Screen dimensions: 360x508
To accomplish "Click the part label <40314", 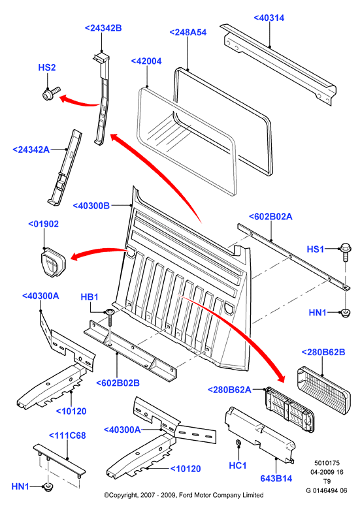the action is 269,18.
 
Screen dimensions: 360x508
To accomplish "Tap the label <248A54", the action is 188,33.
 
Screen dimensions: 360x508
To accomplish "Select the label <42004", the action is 146,61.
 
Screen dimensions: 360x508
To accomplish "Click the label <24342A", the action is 31,150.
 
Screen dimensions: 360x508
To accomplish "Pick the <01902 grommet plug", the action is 53,262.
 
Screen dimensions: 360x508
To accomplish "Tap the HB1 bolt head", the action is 109,312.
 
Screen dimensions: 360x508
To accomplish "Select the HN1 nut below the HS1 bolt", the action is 346,313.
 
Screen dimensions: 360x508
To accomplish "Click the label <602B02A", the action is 270,217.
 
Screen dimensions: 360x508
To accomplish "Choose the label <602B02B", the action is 118,383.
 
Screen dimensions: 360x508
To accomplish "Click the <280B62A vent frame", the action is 289,409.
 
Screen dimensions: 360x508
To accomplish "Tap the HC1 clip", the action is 238,443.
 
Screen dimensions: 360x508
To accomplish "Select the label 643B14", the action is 276,479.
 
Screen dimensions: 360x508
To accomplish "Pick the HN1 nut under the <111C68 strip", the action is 48,487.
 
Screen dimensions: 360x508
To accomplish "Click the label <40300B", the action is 91,206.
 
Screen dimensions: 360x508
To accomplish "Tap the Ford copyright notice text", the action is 184,496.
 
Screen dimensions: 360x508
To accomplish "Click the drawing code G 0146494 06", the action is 326,490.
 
